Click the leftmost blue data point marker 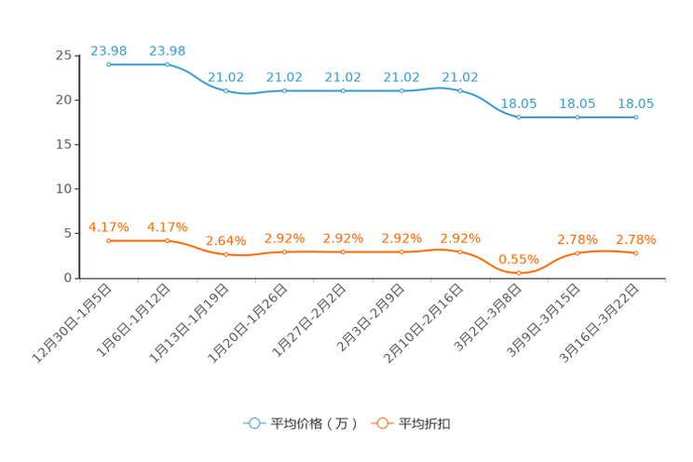point(109,65)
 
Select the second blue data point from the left point(168,65)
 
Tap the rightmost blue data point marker point(636,118)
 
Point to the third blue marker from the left point(226,90)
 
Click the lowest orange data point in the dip point(519,272)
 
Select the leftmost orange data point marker point(109,241)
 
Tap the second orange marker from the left point(168,241)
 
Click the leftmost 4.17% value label point(109,225)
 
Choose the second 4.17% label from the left point(168,225)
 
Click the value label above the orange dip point point(518,258)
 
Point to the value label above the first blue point point(109,49)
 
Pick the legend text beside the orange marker point(426,424)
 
